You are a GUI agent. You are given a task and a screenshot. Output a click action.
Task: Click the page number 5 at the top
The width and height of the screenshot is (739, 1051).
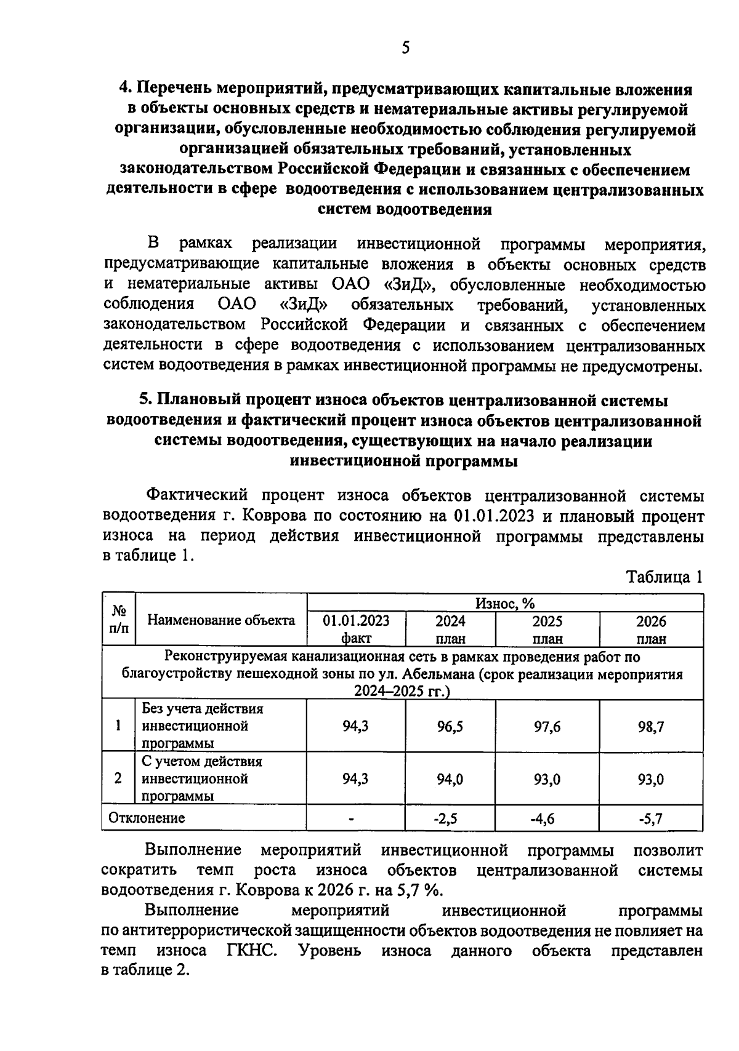pos(405,48)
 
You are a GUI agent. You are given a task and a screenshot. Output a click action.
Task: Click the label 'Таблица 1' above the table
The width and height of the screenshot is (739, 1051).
pos(664,577)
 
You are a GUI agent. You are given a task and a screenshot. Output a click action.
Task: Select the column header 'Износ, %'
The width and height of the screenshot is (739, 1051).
pos(504,603)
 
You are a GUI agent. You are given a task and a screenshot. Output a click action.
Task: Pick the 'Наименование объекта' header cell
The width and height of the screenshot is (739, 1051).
pos(221,620)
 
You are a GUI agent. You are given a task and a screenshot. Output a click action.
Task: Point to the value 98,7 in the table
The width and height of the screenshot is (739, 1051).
pos(651,727)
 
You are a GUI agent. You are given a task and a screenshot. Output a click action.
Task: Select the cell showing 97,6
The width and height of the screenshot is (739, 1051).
pos(547,727)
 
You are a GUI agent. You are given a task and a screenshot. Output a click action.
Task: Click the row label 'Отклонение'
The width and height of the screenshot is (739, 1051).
pos(147,818)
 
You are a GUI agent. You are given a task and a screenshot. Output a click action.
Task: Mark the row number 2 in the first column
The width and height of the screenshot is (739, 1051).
pos(118,778)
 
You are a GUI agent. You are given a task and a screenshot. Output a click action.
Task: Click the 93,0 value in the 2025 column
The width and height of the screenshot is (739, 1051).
pos(547,780)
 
